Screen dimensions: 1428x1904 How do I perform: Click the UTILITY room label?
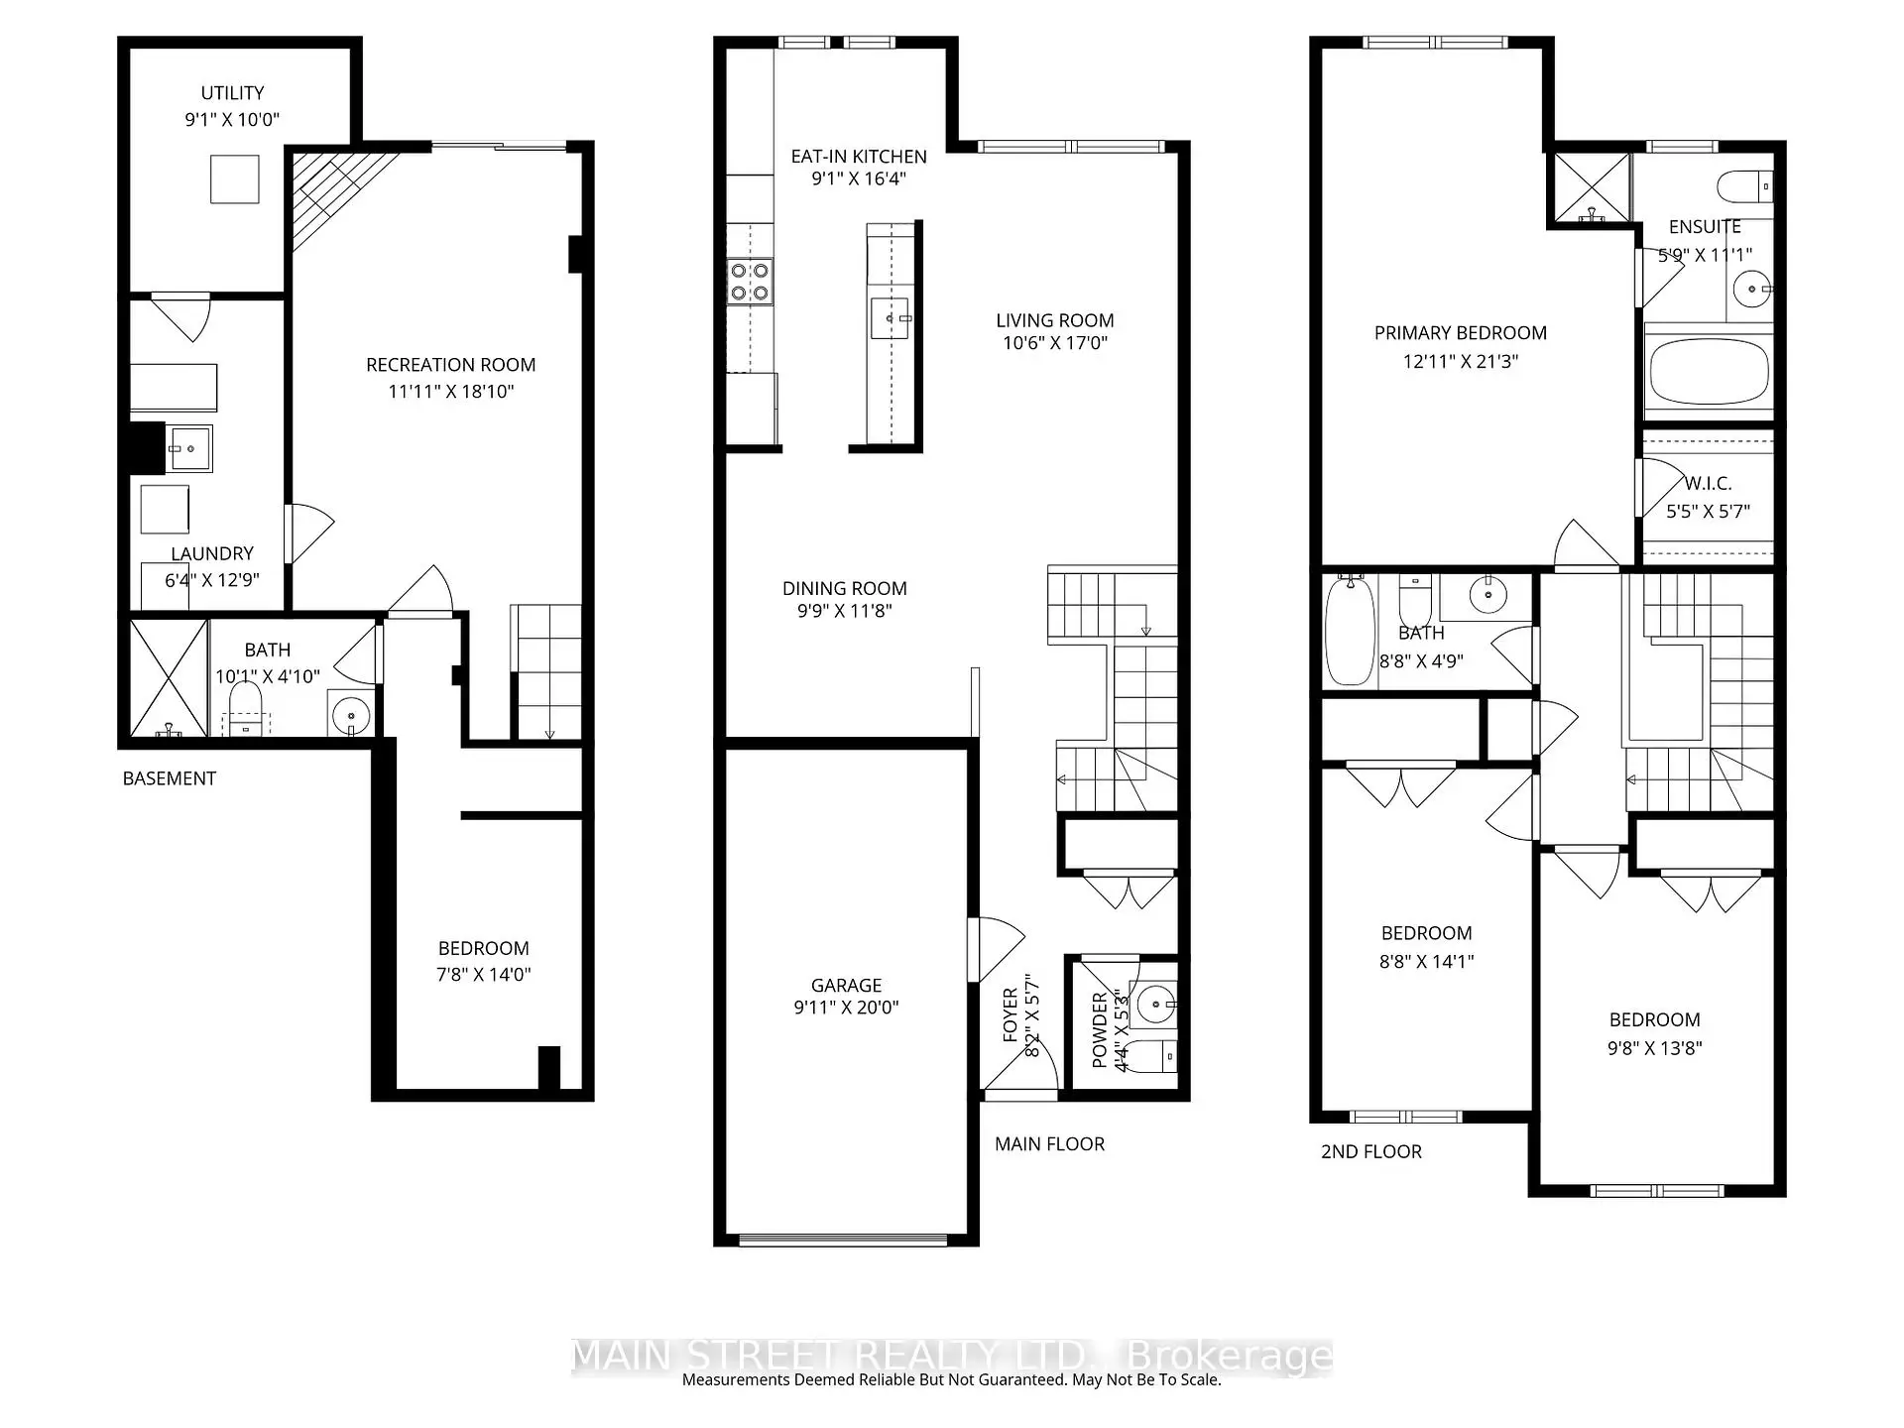[232, 92]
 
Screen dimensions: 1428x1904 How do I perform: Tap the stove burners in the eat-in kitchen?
[750, 281]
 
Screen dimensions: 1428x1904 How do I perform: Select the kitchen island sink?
[890, 318]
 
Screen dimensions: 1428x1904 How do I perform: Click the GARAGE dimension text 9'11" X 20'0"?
[846, 1008]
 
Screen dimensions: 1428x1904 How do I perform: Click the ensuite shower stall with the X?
[1591, 186]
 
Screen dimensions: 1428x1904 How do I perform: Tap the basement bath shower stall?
[169, 677]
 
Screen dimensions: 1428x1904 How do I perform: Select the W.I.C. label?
[1708, 484]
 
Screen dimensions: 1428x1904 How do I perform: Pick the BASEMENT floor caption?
[169, 778]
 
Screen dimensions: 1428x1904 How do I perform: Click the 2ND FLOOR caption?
[1370, 1151]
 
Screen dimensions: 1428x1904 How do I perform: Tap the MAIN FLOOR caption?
[1049, 1143]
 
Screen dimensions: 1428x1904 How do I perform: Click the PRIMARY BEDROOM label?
[1460, 333]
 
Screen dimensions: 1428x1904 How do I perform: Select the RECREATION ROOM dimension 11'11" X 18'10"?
[450, 392]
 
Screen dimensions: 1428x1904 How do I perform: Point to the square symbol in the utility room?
[235, 179]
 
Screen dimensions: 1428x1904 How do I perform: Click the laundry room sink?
[188, 448]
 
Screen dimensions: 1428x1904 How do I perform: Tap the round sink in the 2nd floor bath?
[1487, 595]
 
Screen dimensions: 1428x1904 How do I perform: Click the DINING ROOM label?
[844, 588]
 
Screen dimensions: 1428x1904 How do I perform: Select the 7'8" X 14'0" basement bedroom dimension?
[483, 975]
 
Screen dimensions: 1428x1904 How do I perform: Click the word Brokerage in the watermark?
[1230, 1356]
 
